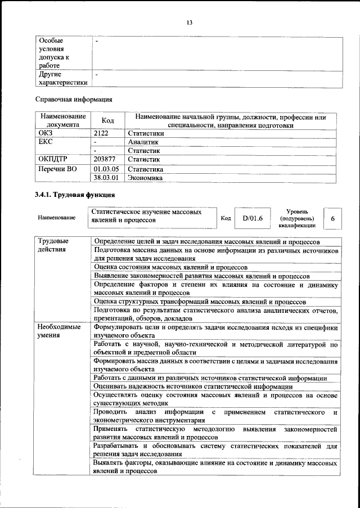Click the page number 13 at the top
pyautogui.click(x=190, y=23)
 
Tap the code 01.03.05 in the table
pyautogui.click(x=106, y=169)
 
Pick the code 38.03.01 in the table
pyautogui.click(x=106, y=178)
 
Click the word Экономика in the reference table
pyautogui.click(x=145, y=178)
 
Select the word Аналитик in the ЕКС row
pyautogui.click(x=144, y=142)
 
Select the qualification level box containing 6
pyautogui.click(x=333, y=218)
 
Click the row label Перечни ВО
pyautogui.click(x=57, y=169)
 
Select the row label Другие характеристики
pyautogui.click(x=62, y=78)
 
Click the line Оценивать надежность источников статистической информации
pyautogui.click(x=193, y=386)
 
